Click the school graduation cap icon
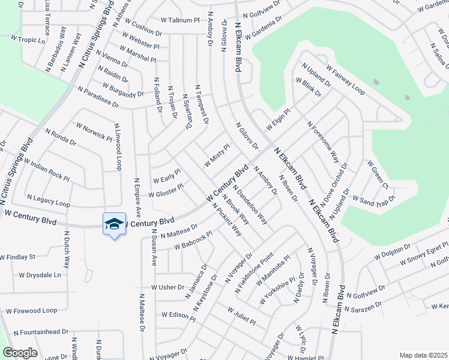tap(114, 224)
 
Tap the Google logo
tap(20, 353)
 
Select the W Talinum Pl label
tap(175, 20)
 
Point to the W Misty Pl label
tap(217, 155)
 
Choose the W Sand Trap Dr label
tap(373, 198)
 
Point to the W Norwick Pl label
tap(94, 131)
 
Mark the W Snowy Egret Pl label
tap(418, 252)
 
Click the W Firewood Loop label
tap(31, 311)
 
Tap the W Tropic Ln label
tap(28, 40)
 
